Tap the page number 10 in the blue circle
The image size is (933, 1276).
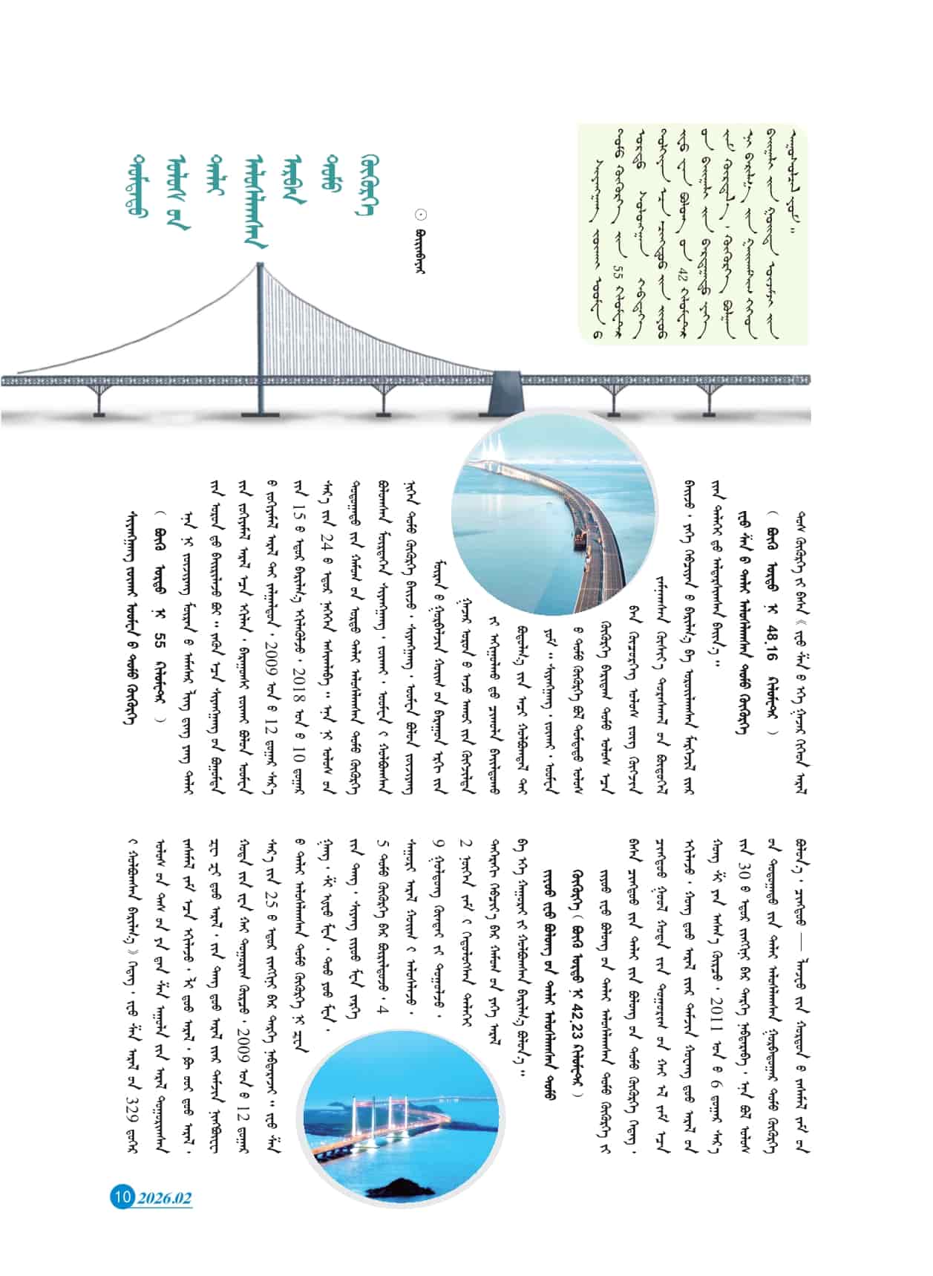[x=122, y=1197]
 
